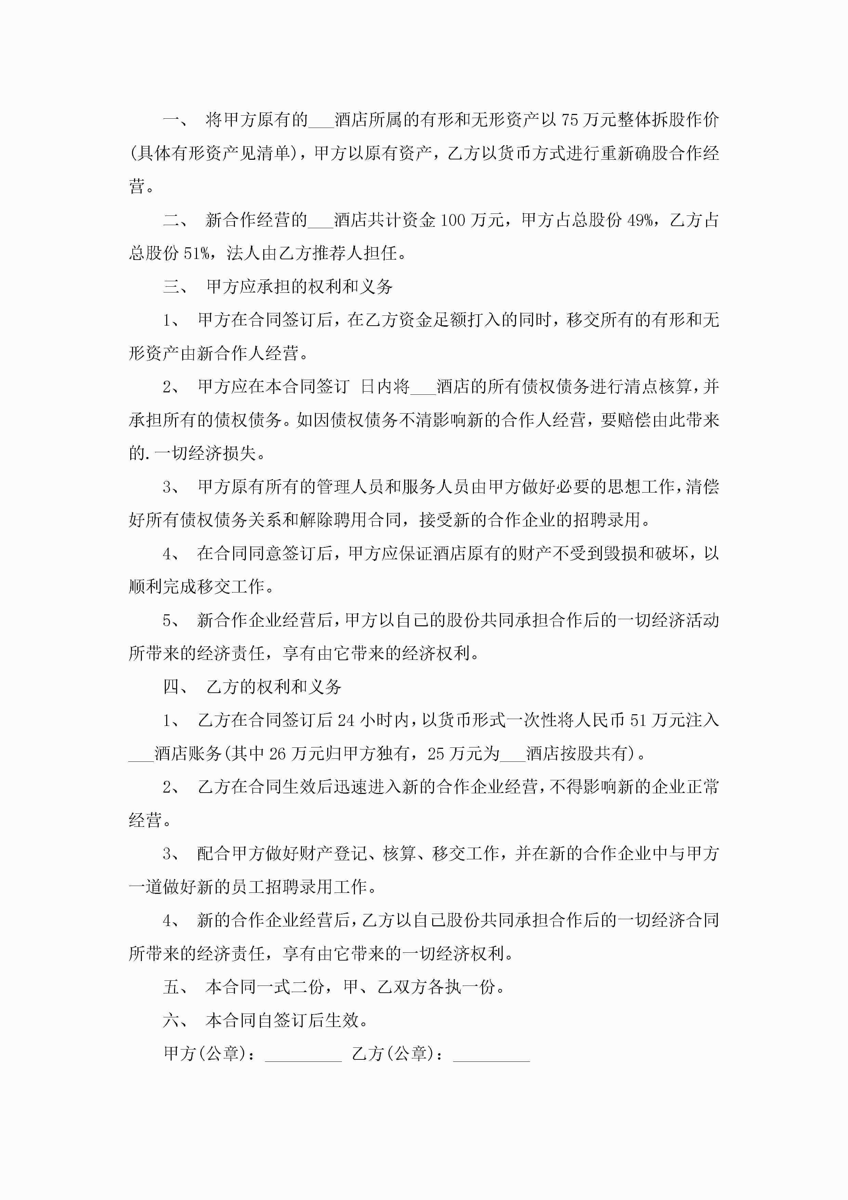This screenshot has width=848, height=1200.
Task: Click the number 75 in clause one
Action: [x=570, y=120]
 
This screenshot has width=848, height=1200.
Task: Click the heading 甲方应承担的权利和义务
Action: [x=300, y=286]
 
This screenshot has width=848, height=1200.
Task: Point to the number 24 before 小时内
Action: [x=346, y=720]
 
